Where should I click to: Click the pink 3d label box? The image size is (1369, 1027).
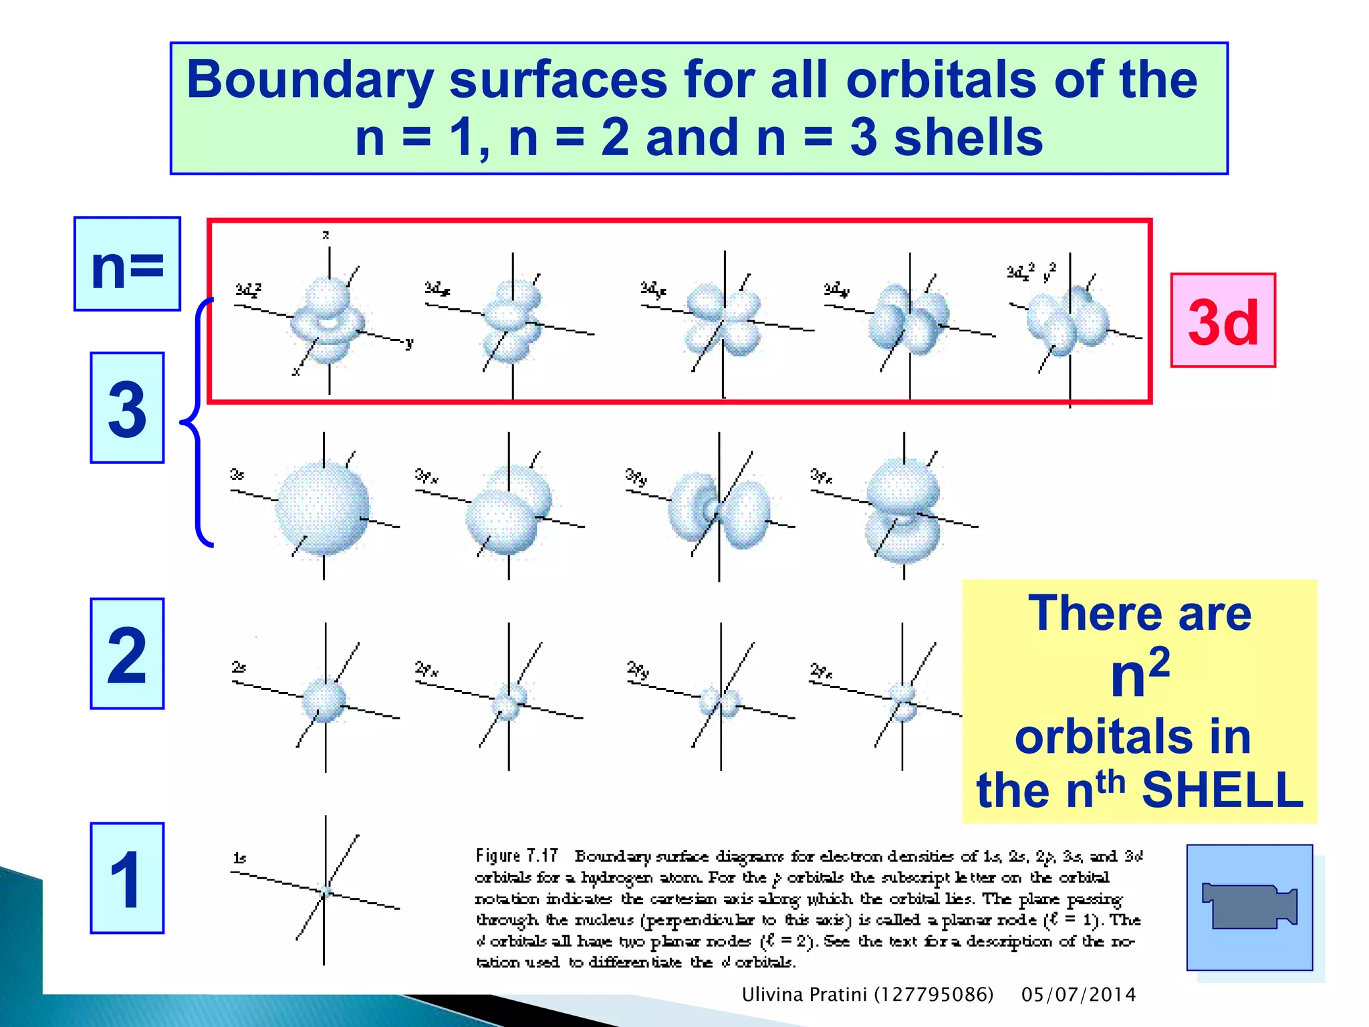pos(1223,320)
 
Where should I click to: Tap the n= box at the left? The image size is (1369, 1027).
pos(127,264)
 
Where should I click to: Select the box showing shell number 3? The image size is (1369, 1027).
pos(127,408)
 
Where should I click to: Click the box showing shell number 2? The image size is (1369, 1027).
pos(127,653)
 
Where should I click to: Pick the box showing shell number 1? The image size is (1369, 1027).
pos(127,878)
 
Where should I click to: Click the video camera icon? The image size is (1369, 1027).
pos(1249,907)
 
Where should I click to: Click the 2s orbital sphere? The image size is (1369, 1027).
pos(324,700)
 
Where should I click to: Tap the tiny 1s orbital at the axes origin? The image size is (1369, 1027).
pos(326,891)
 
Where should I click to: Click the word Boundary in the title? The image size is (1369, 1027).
pos(310,80)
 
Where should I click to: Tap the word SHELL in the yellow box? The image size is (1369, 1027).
pos(1223,790)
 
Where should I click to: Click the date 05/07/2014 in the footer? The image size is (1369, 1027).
pos(1078,995)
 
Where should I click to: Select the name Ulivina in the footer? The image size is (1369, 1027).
pos(772,995)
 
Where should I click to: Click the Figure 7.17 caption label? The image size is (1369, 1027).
pos(517,856)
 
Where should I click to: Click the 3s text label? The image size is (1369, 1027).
pos(237,475)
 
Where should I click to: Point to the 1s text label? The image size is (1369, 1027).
pos(239,858)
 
